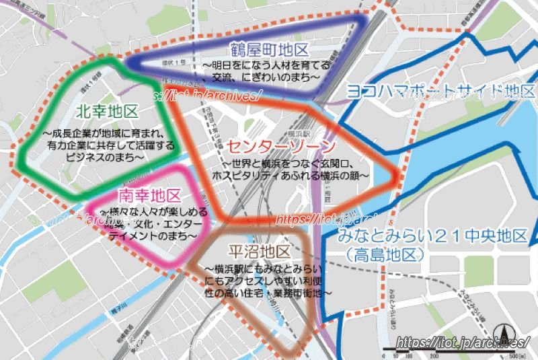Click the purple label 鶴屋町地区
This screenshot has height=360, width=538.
coord(268,50)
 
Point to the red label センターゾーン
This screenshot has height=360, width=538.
coord(280,147)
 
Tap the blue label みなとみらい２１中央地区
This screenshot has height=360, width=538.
coord(432,237)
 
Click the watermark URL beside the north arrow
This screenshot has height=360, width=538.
coord(444,343)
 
